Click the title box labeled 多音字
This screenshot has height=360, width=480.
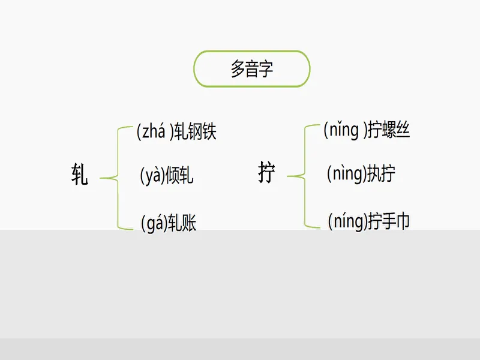[251, 69]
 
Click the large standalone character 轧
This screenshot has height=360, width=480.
[80, 174]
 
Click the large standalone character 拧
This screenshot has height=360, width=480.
[266, 172]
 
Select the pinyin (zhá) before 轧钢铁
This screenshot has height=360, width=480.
[155, 131]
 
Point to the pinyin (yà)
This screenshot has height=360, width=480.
[152, 176]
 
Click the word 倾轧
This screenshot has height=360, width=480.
[179, 175]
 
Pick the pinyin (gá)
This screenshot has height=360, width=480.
[154, 223]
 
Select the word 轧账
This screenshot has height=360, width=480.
[182, 223]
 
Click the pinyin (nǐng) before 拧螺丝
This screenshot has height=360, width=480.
[345, 130]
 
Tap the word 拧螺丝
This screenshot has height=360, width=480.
[388, 130]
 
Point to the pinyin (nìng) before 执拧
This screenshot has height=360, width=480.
[347, 174]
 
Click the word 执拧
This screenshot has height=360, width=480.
[381, 173]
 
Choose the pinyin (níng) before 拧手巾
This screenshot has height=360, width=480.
[348, 221]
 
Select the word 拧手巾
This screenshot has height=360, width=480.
[389, 221]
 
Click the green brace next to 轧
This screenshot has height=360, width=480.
[118, 178]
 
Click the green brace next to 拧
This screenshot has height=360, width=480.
[305, 176]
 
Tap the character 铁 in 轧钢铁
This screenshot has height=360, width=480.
[209, 131]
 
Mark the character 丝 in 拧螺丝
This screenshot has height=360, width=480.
[403, 130]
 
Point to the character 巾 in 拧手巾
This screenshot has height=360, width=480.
[403, 221]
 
